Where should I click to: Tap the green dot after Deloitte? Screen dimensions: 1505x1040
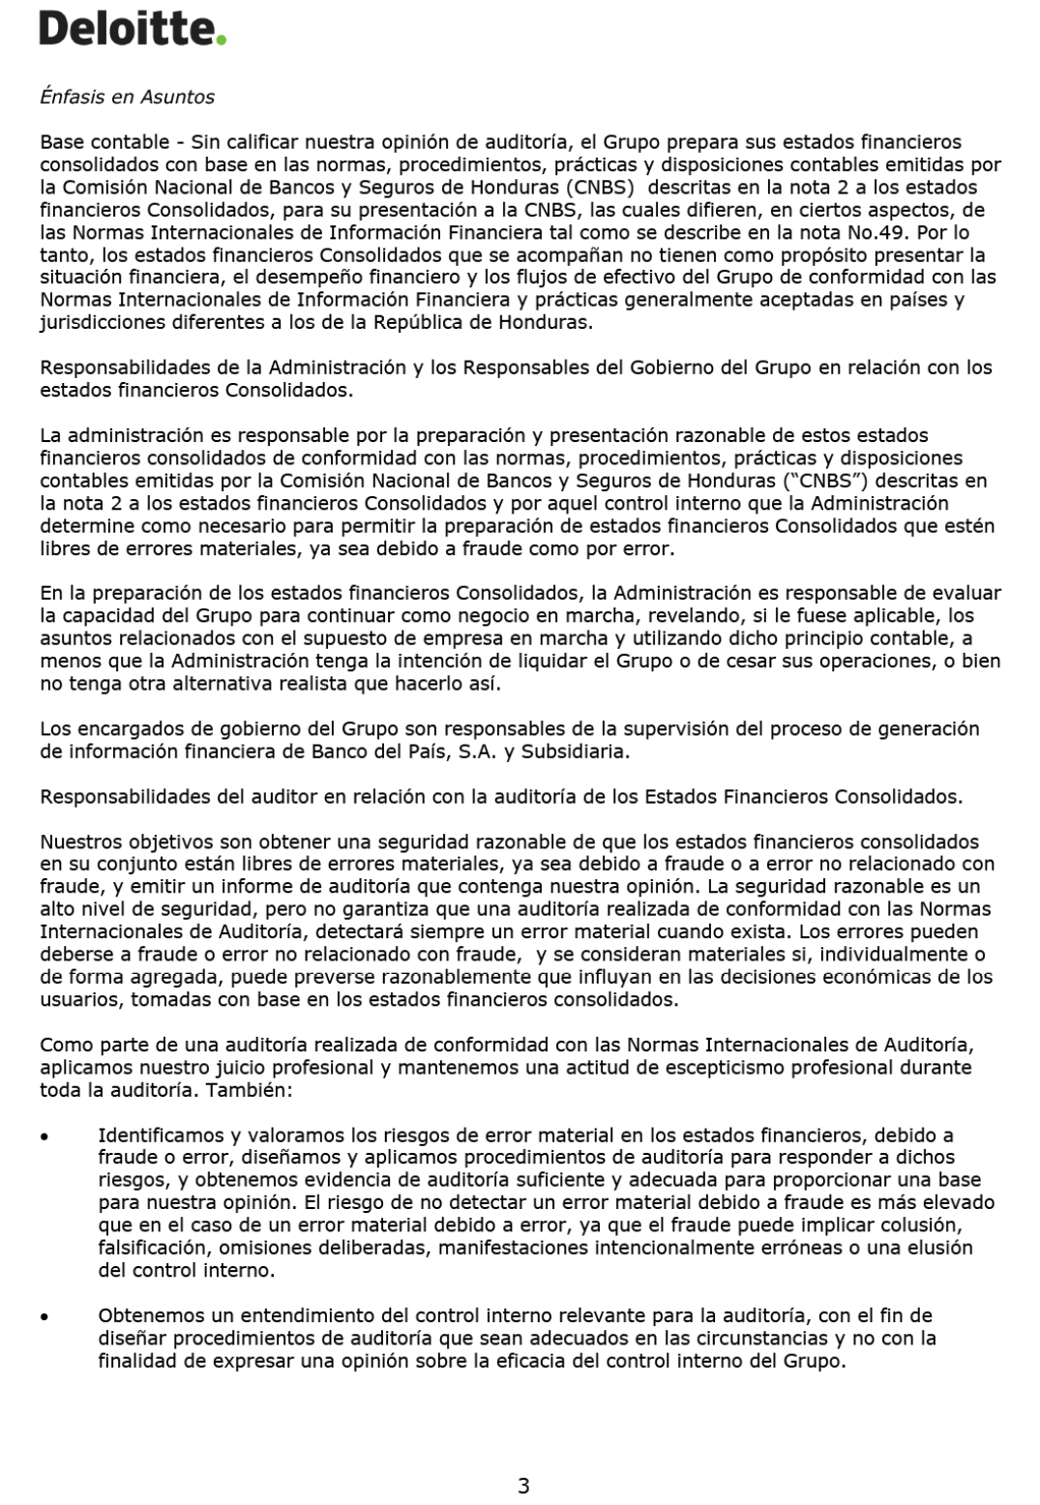click(x=222, y=41)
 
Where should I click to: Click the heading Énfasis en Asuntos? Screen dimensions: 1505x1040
click(x=127, y=97)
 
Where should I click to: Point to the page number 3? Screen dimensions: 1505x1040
click(x=523, y=1485)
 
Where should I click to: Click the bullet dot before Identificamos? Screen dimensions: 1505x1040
click(x=45, y=1136)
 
